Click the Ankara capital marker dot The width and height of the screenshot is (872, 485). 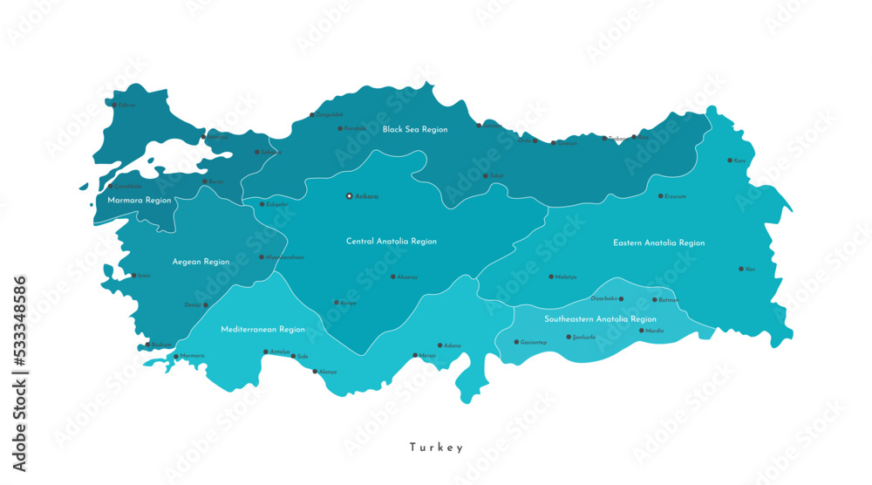(349, 196)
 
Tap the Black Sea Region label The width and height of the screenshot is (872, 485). (415, 129)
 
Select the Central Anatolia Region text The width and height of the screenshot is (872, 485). (392, 242)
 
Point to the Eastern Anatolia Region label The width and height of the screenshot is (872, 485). (658, 243)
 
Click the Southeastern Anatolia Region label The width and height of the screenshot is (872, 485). (600, 319)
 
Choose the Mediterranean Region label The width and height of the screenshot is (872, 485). (262, 330)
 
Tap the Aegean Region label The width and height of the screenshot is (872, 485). (201, 262)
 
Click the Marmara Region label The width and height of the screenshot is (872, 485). (139, 201)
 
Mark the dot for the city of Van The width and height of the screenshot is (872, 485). (741, 269)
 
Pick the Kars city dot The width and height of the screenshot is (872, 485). (730, 161)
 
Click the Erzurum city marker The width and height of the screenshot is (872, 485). (660, 196)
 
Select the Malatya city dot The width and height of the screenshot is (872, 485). (551, 277)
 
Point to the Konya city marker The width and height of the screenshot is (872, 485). (337, 303)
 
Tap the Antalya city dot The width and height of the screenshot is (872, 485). (266, 352)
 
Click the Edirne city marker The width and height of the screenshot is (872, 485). (113, 105)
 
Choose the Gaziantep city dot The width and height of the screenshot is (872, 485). (515, 342)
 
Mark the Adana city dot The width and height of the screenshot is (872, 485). (440, 345)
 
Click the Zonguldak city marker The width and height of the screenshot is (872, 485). (312, 114)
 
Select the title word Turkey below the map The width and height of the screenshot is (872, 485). (437, 447)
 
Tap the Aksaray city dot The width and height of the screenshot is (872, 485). (392, 277)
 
